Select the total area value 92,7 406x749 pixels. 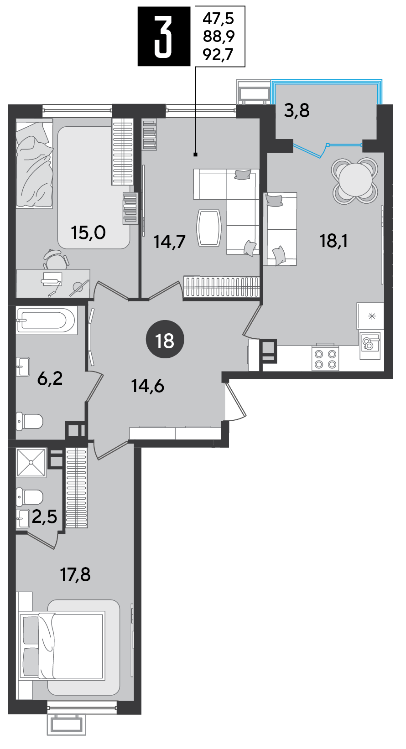coord(218,55)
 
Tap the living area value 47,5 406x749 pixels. coord(218,19)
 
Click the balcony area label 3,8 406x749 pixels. coord(297,111)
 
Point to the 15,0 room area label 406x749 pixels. coord(88,233)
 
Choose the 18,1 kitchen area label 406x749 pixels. coord(334,241)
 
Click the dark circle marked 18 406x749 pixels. coord(165,341)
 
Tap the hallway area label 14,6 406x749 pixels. coord(148,387)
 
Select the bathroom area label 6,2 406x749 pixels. coord(50,379)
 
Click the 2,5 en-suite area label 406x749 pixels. coord(45,517)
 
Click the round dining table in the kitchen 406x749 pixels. coord(355,180)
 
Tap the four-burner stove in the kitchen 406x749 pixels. coord(325,358)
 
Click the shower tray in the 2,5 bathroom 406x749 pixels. coord(31,462)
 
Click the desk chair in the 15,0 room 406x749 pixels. coord(56,259)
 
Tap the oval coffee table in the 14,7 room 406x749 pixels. coord(209,228)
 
